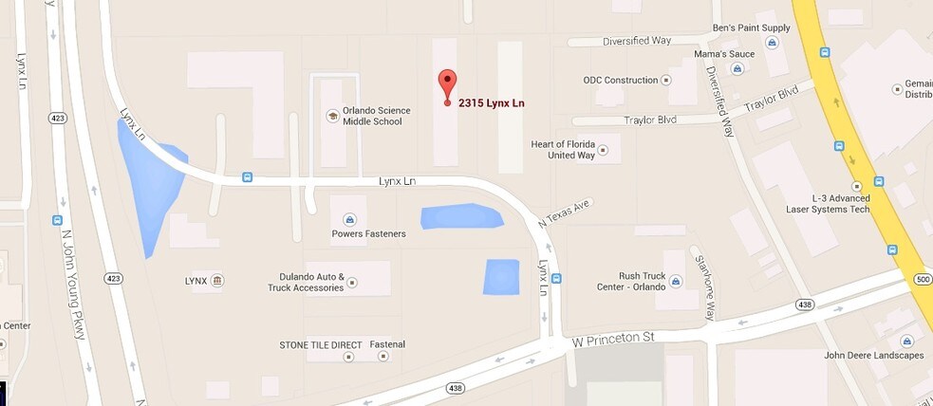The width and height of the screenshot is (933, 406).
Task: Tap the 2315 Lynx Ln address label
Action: tap(492, 102)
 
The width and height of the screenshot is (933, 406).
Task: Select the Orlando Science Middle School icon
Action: tap(332, 116)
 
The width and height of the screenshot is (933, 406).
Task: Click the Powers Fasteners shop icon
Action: tap(348, 217)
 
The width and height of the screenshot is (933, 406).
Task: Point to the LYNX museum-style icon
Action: tap(217, 281)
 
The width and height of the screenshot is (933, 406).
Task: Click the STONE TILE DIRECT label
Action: tap(322, 344)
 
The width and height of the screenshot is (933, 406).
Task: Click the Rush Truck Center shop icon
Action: tap(675, 281)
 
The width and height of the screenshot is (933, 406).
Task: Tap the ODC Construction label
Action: tap(620, 81)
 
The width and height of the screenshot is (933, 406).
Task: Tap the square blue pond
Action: tap(501, 276)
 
